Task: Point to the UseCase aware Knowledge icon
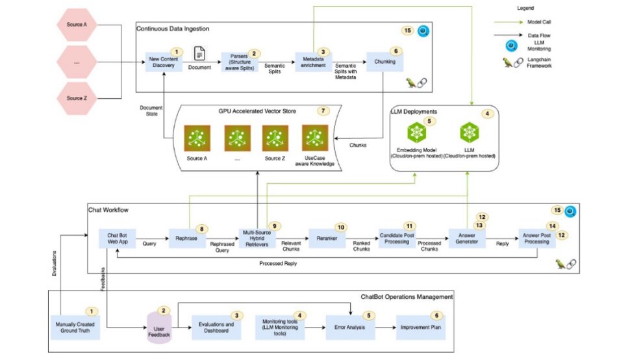[314, 138]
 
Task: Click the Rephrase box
[186, 238]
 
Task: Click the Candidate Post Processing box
[396, 238]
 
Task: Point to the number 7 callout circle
[323, 110]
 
